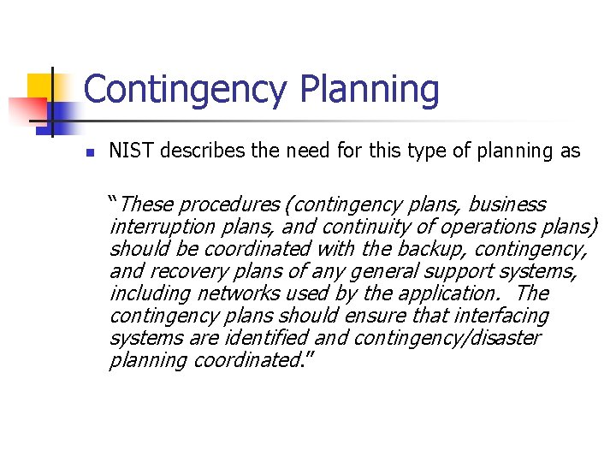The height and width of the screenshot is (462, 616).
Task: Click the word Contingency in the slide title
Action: tap(187, 90)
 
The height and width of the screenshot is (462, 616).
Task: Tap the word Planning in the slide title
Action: tap(370, 90)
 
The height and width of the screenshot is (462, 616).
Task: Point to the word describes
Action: tap(197, 151)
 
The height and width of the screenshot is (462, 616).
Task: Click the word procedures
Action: tap(228, 204)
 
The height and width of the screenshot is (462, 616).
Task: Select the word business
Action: tap(506, 204)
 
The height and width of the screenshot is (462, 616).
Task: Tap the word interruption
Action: tap(157, 227)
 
